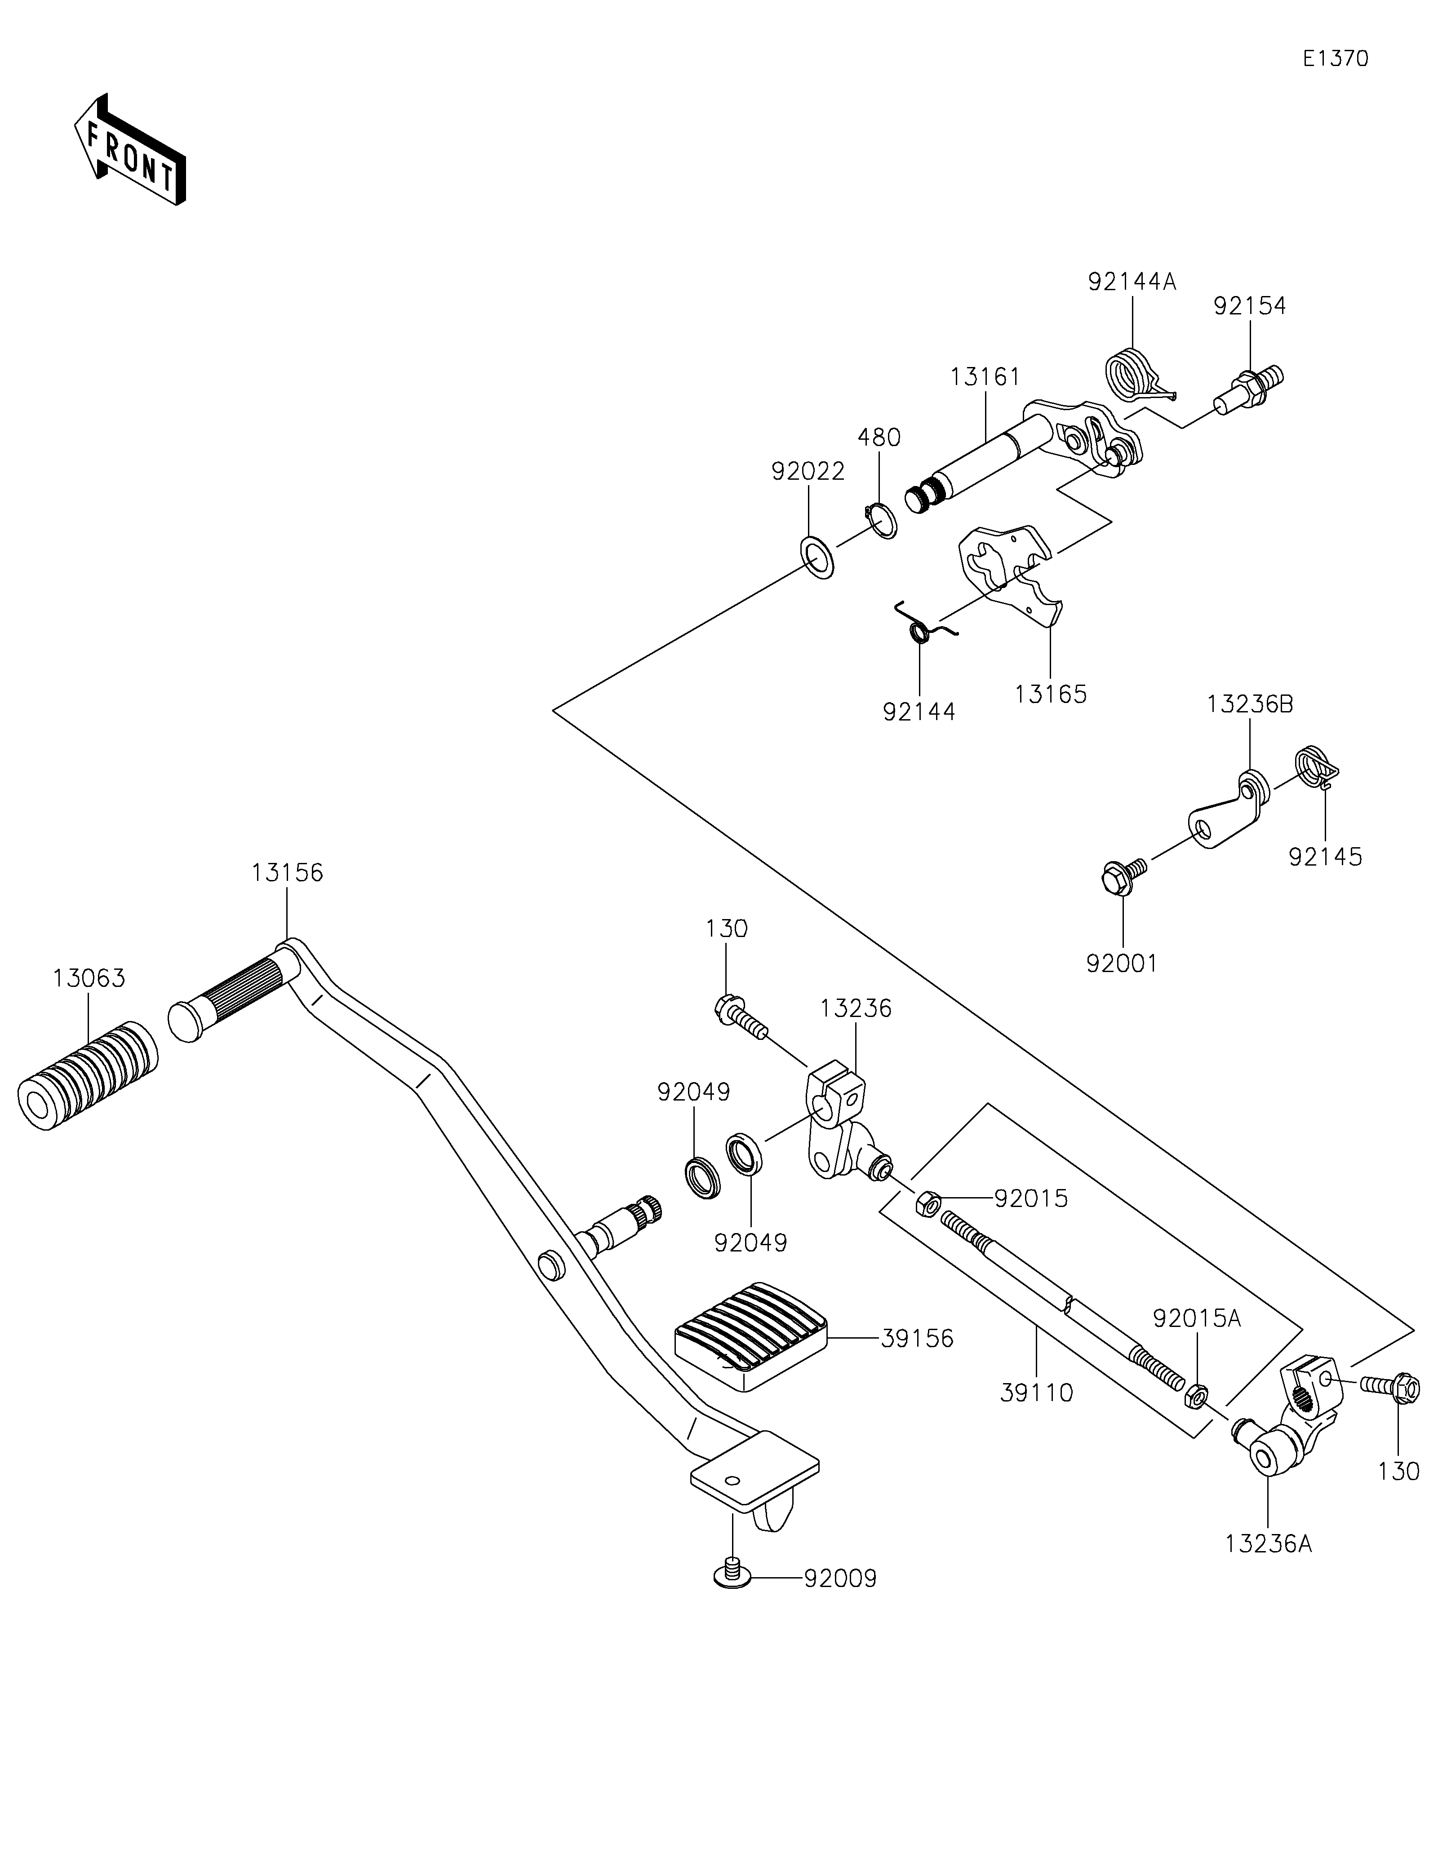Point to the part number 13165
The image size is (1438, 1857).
[x=1050, y=694]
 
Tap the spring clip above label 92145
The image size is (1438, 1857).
[x=1317, y=766]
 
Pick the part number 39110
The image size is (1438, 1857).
[x=1037, y=1393]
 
